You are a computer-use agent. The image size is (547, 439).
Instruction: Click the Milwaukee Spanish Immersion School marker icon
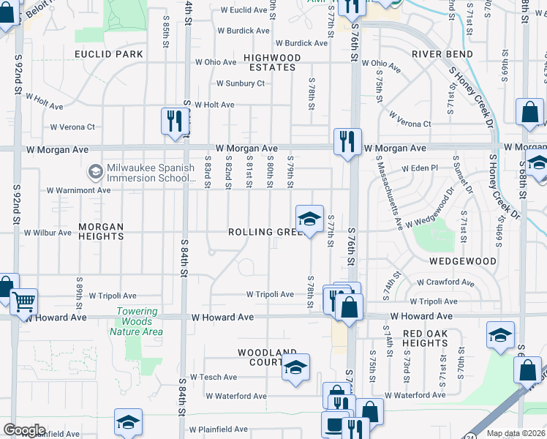coord(94,173)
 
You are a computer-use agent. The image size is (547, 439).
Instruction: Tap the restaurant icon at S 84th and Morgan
coord(174,120)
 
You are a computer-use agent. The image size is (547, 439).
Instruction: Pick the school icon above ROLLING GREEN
coord(309,218)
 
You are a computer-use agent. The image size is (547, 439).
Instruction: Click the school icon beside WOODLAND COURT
coord(295,367)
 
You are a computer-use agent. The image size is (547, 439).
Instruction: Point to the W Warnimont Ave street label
coord(78,190)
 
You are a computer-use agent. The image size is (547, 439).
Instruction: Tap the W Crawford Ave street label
coord(446,282)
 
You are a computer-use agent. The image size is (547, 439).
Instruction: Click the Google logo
coord(24,430)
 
